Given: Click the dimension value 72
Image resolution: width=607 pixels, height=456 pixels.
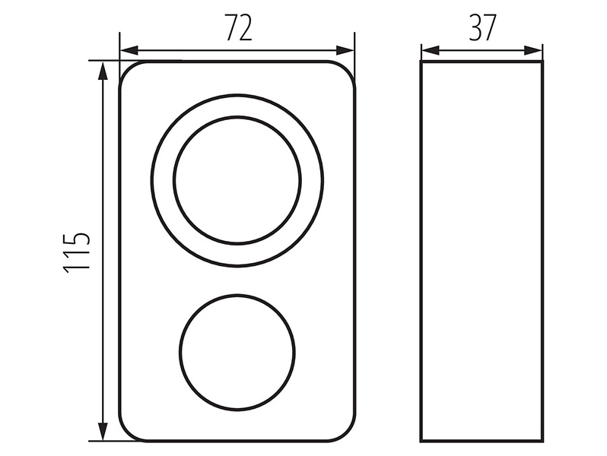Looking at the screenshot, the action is [239, 27].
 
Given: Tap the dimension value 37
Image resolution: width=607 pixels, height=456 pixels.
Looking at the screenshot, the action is [482, 27].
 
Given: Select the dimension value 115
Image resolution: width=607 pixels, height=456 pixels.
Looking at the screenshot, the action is [77, 253].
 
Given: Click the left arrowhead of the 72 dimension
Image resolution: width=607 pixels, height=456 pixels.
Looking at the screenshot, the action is [129, 50].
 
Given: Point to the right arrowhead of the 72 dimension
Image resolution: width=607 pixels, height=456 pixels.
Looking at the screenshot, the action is [345, 50].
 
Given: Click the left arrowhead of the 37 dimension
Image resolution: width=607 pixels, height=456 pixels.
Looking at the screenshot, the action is [431, 50].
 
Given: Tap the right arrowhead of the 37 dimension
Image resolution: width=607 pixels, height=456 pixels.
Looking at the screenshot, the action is [533, 50].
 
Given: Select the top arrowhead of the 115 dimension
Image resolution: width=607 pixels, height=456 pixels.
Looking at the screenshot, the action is [103, 71].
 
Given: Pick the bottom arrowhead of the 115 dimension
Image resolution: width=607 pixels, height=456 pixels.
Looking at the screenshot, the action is [103, 431].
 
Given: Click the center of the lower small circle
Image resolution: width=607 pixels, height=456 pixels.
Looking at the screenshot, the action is [237, 352].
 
